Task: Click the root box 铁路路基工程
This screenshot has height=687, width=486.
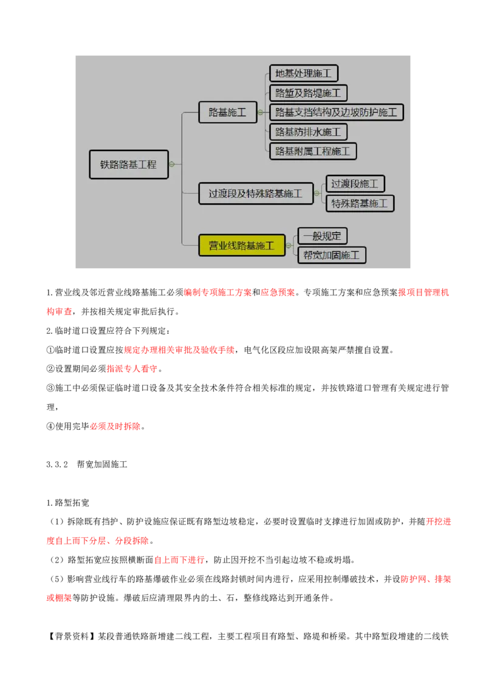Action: [x=129, y=164]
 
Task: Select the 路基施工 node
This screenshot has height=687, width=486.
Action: [x=228, y=112]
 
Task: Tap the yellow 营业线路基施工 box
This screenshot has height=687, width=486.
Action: [x=242, y=245]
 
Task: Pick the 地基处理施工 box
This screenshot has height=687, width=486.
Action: [x=304, y=73]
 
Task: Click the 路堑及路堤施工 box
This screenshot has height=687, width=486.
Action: [x=309, y=93]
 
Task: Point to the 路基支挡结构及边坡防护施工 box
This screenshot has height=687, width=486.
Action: [x=337, y=112]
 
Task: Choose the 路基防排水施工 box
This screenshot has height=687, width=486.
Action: [x=309, y=132]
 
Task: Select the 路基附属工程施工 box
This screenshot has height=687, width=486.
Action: [x=313, y=151]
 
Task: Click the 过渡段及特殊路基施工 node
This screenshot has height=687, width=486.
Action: [x=256, y=194]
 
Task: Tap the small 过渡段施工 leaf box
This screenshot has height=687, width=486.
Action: [x=355, y=183]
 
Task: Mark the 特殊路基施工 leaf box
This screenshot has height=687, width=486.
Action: [x=360, y=203]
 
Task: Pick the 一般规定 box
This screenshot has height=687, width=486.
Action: [x=323, y=235]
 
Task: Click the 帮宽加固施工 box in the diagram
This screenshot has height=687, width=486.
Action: [x=332, y=255]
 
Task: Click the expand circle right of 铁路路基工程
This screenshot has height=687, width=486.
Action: [x=172, y=164]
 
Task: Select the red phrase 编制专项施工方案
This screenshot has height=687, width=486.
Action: [x=218, y=293]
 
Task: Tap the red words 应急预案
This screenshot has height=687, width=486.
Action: [x=278, y=293]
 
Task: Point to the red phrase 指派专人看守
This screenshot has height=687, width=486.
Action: [x=132, y=368]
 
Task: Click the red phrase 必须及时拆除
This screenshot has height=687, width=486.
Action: [x=115, y=426]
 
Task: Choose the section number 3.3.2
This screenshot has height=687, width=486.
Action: [x=57, y=464]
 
